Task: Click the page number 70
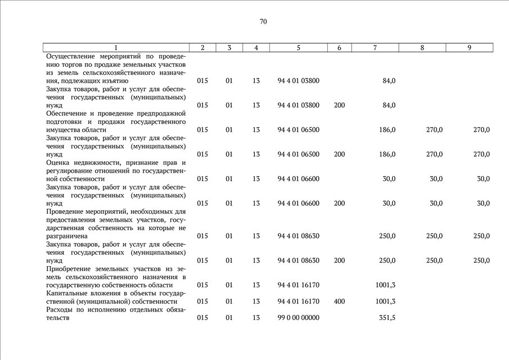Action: (x=263, y=22)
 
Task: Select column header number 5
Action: (x=298, y=48)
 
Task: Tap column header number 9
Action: (x=469, y=48)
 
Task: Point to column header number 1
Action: (x=116, y=48)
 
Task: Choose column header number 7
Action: (x=375, y=48)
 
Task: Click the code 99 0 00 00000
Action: (x=298, y=318)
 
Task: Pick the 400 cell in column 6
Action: (x=339, y=301)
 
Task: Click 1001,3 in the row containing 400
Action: (x=385, y=301)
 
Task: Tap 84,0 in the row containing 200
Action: (x=389, y=105)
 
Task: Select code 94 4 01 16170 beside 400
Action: (x=298, y=301)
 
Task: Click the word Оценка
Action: (x=58, y=163)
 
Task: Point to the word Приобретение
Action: (x=70, y=269)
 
